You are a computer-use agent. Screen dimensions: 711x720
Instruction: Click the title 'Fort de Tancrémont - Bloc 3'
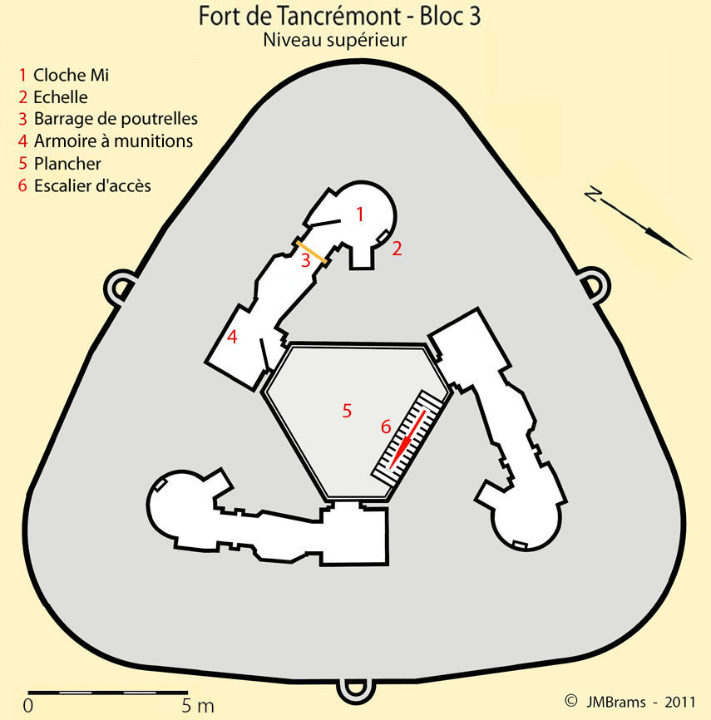click(339, 16)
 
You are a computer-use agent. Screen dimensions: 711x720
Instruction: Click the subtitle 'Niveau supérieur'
click(335, 40)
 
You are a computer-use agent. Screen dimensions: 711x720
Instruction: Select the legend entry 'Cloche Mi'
click(72, 75)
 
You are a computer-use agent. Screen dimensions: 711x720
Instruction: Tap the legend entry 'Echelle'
click(61, 97)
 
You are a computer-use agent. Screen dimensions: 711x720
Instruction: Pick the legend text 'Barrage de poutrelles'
click(116, 118)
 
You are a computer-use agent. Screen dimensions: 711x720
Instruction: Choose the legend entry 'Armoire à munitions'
click(113, 141)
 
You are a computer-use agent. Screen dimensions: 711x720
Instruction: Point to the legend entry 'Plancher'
click(67, 164)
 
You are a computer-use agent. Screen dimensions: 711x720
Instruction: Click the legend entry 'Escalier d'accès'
click(92, 185)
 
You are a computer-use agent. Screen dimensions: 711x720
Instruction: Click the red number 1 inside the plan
click(360, 214)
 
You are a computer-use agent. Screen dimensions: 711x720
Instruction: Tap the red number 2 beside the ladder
click(397, 249)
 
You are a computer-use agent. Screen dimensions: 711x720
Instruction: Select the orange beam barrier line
click(311, 252)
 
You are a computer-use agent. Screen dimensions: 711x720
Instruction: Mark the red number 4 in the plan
click(232, 337)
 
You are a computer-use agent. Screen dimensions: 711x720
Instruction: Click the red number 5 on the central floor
click(348, 411)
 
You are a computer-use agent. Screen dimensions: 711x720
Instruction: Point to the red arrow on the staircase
click(407, 440)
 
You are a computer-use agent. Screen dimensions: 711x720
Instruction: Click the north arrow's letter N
click(593, 195)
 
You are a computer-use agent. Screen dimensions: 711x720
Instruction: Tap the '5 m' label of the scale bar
click(198, 706)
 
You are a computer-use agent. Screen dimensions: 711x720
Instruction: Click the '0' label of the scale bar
click(28, 706)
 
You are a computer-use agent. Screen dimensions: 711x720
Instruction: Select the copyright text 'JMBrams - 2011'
click(640, 702)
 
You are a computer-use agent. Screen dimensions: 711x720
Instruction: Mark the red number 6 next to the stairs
click(386, 427)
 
